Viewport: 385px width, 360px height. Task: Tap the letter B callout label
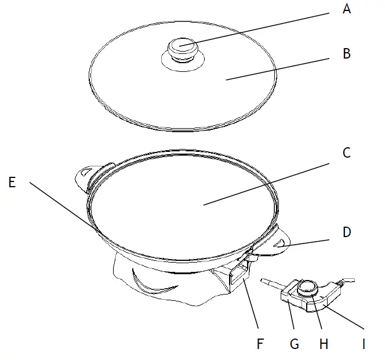click(x=347, y=54)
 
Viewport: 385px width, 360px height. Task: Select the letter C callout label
click(x=347, y=153)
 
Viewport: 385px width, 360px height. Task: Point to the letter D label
click(x=347, y=232)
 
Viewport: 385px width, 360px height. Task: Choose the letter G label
click(x=294, y=343)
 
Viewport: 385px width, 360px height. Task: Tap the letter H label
click(x=324, y=343)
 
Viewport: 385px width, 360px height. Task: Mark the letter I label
click(x=364, y=343)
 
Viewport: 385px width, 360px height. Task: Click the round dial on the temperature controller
click(x=307, y=286)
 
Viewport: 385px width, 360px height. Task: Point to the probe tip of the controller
click(x=266, y=281)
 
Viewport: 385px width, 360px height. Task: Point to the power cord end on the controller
click(x=347, y=281)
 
